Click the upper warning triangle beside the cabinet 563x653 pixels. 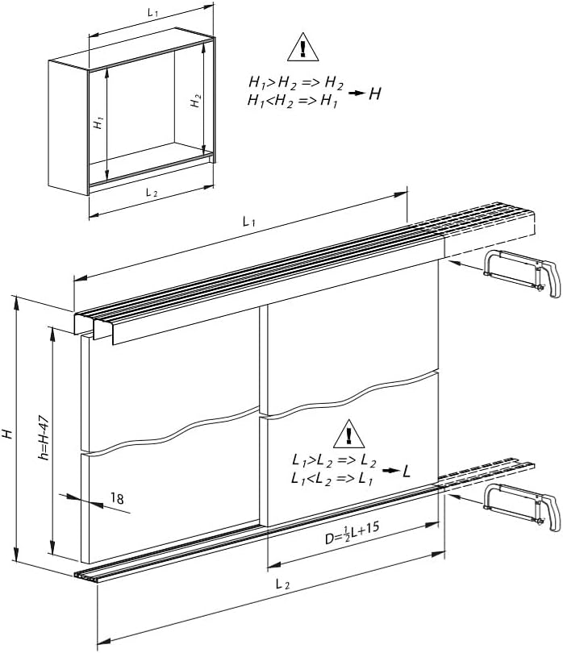click(303, 48)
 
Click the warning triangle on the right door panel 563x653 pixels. click(348, 435)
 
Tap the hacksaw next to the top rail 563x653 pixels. click(522, 273)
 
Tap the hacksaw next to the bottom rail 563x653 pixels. click(522, 507)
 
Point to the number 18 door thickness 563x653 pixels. click(117, 498)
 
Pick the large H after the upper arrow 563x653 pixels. click(374, 94)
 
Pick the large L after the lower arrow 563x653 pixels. click(407, 471)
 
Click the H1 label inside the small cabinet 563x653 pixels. click(98, 123)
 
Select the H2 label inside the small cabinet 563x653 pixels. click(196, 102)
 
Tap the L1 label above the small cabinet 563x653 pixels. click(153, 12)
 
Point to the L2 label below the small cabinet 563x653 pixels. click(152, 193)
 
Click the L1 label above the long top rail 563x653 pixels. click(248, 222)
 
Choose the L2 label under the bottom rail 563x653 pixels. click(282, 584)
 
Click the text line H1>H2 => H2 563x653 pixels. click(296, 83)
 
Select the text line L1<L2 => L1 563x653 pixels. click(332, 480)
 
